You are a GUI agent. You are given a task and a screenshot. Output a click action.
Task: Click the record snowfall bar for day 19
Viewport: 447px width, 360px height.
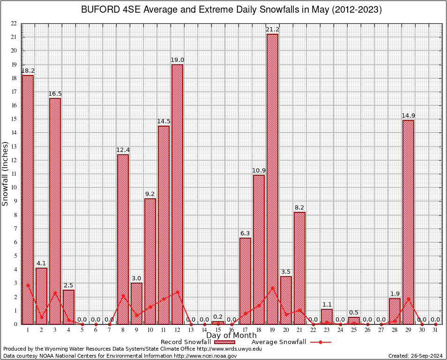click(x=272, y=179)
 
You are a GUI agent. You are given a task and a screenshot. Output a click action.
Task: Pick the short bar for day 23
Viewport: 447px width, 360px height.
click(x=327, y=317)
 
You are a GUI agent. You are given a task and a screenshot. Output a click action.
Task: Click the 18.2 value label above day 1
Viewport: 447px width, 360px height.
click(x=28, y=71)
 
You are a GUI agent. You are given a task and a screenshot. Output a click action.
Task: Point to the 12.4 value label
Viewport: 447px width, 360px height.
click(x=123, y=150)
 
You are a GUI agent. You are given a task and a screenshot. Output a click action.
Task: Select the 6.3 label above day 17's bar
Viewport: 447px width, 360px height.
click(x=245, y=233)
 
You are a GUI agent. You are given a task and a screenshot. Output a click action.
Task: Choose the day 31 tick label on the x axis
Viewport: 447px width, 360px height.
click(x=435, y=330)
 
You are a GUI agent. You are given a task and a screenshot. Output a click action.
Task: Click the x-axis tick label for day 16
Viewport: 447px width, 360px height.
click(x=231, y=330)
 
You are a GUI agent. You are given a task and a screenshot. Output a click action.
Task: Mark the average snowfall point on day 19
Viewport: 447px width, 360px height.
click(x=272, y=288)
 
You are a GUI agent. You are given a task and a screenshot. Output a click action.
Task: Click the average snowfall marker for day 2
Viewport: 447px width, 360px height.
click(x=41, y=317)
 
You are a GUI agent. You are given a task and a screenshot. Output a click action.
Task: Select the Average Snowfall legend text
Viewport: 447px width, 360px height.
click(x=278, y=342)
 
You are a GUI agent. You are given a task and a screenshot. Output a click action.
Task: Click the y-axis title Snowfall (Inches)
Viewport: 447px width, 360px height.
click(x=6, y=174)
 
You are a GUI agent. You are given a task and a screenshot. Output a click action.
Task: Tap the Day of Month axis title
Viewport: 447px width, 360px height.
click(x=231, y=336)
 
